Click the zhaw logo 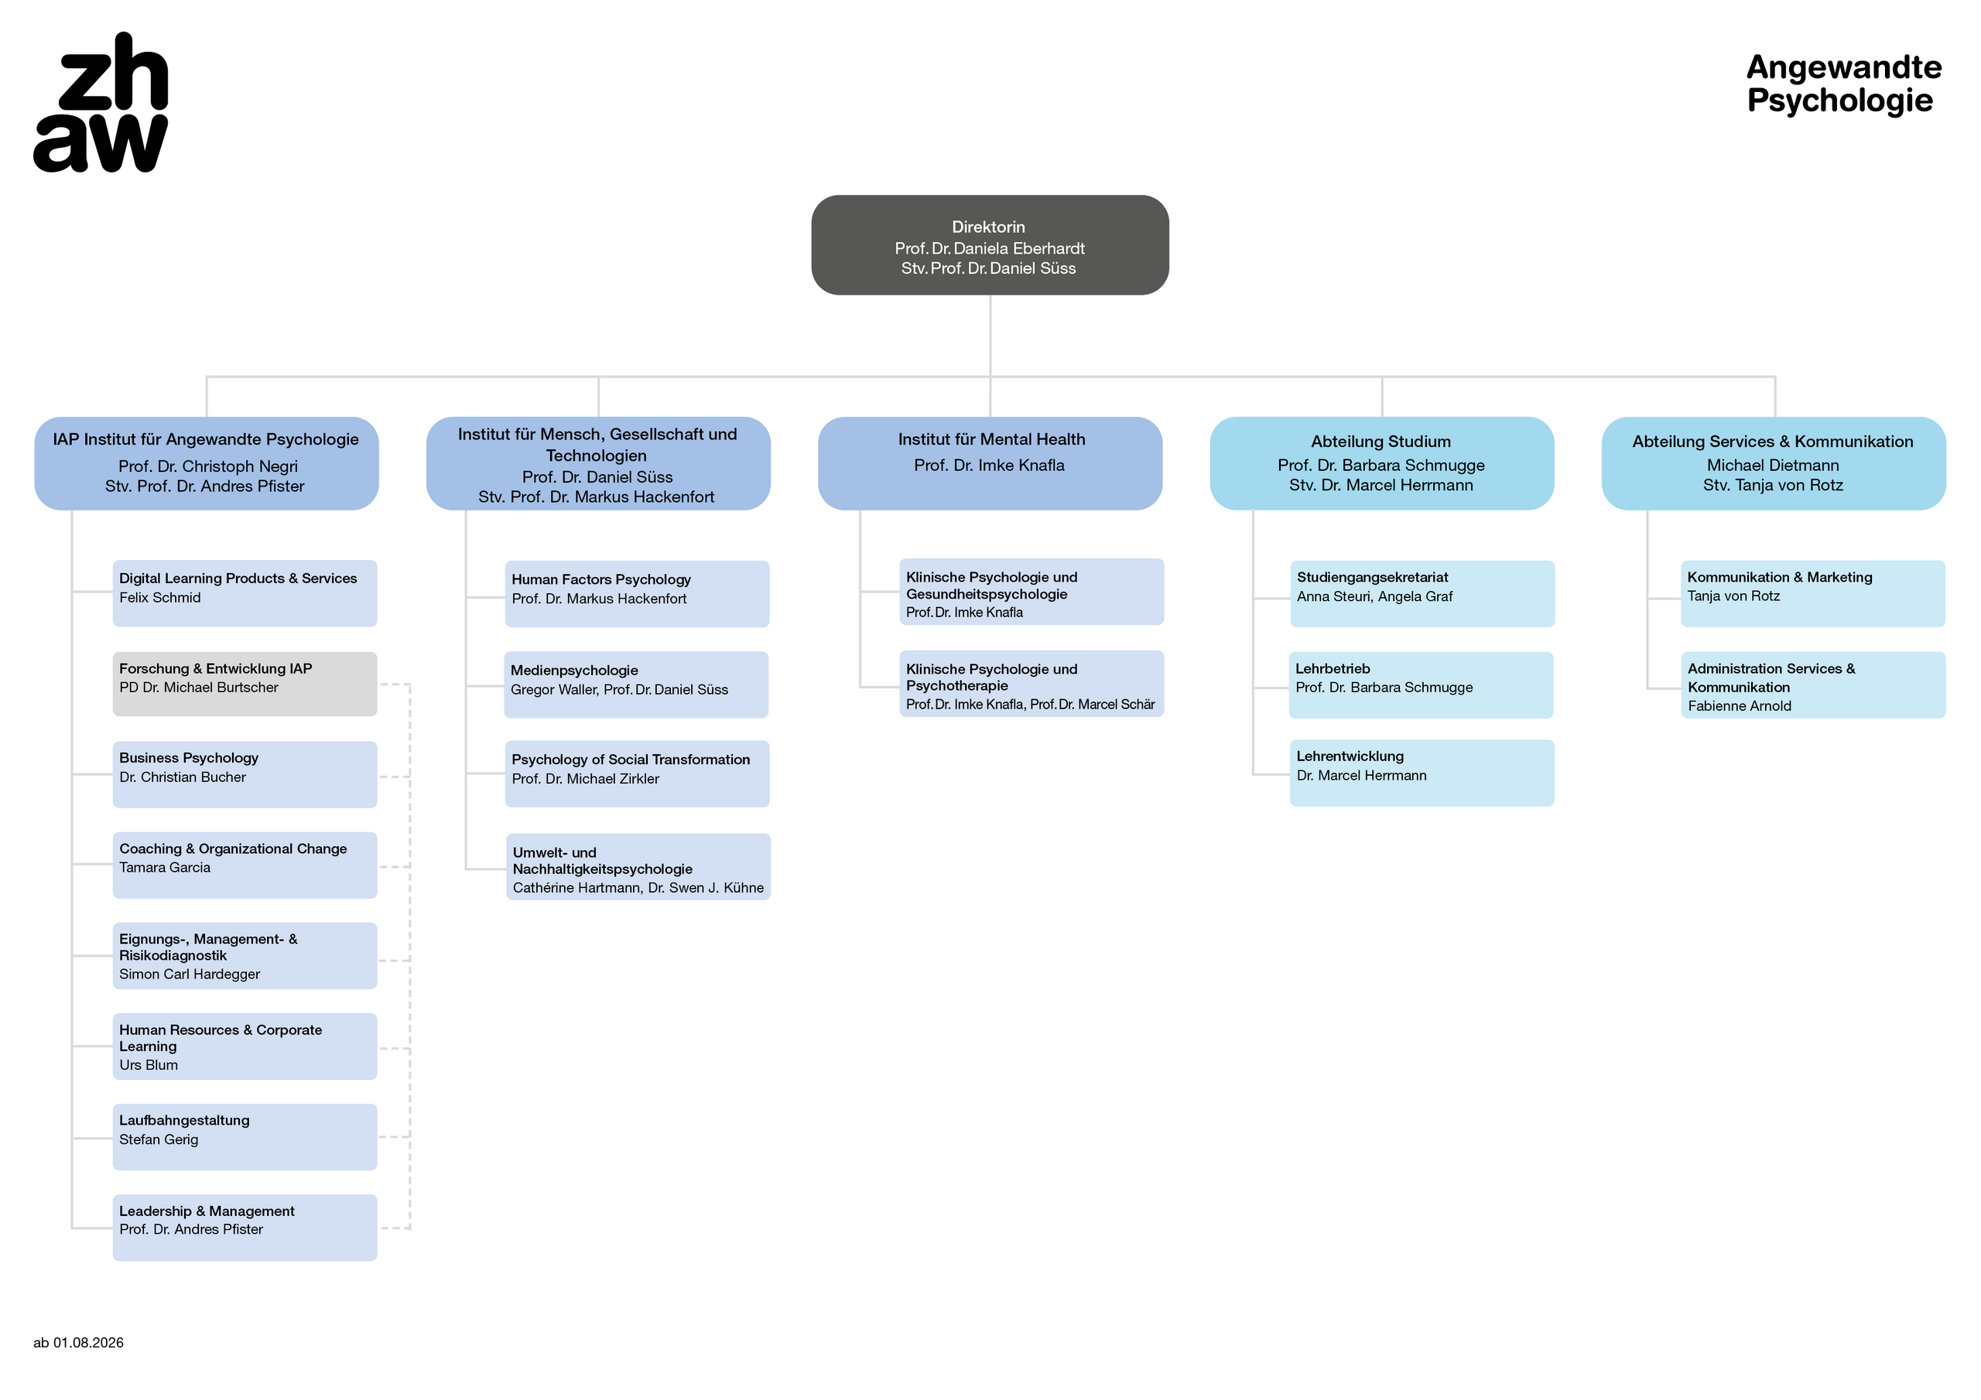click(x=101, y=102)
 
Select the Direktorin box click(x=990, y=245)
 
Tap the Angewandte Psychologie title click(x=1843, y=84)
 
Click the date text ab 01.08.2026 click(x=78, y=1342)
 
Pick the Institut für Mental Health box click(x=990, y=463)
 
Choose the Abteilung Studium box click(x=1381, y=463)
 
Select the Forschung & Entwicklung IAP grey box click(x=245, y=684)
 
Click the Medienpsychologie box click(x=636, y=685)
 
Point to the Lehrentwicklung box click(x=1422, y=773)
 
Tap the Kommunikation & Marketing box click(x=1813, y=593)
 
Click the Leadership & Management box click(x=245, y=1228)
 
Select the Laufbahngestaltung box click(x=245, y=1137)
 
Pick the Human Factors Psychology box click(x=637, y=593)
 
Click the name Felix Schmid click(x=159, y=597)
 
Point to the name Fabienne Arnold click(x=1740, y=705)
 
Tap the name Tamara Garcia click(x=165, y=867)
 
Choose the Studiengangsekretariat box click(x=1422, y=593)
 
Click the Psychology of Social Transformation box click(x=637, y=773)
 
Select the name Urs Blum click(x=149, y=1064)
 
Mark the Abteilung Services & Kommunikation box click(x=1773, y=463)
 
